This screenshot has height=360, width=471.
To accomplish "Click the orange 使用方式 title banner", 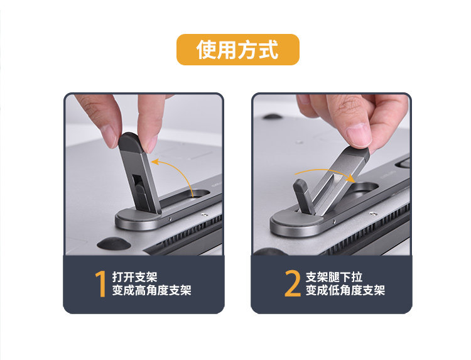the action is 237,50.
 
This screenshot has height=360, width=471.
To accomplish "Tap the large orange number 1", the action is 101,284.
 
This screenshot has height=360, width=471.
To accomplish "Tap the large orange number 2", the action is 293,284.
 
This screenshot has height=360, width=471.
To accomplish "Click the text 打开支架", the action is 134,277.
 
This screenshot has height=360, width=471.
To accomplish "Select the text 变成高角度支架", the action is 152,290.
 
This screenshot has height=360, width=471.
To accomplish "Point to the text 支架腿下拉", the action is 334,277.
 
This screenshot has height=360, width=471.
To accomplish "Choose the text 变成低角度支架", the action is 345,290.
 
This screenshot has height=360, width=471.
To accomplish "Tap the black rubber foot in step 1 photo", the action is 114,243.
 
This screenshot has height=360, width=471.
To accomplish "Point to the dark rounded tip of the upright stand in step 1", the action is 130,141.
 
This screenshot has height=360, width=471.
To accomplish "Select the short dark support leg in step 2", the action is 303,197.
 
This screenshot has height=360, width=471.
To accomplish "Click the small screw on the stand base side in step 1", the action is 170,219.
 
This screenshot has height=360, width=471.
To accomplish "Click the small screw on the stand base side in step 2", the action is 333,222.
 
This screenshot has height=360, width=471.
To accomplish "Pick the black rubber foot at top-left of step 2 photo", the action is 273,116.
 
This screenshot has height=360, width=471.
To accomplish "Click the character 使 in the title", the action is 207,50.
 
